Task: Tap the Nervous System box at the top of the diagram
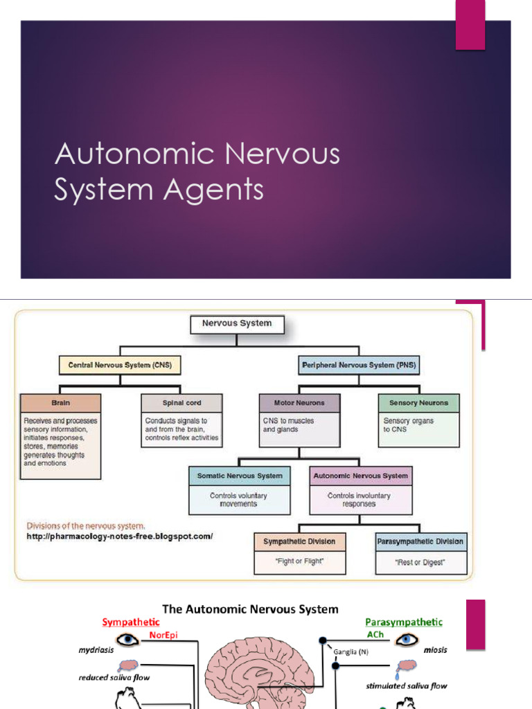[x=237, y=323]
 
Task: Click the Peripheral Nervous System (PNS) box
[x=360, y=364]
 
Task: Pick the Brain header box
[x=60, y=403]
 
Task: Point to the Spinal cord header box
[x=182, y=403]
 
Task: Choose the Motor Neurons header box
[x=299, y=403]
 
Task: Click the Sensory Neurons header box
[x=418, y=403]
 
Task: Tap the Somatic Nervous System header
[x=240, y=476]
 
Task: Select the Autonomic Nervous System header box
[x=360, y=476]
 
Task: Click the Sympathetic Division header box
[x=299, y=541]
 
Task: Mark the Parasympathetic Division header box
[x=421, y=541]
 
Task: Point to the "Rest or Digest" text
[x=421, y=562]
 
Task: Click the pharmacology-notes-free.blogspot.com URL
[x=119, y=537]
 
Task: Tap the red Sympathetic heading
[x=130, y=622]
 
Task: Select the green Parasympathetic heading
[x=403, y=622]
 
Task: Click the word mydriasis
[x=96, y=650]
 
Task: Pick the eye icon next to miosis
[x=407, y=638]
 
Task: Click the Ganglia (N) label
[x=349, y=652]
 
